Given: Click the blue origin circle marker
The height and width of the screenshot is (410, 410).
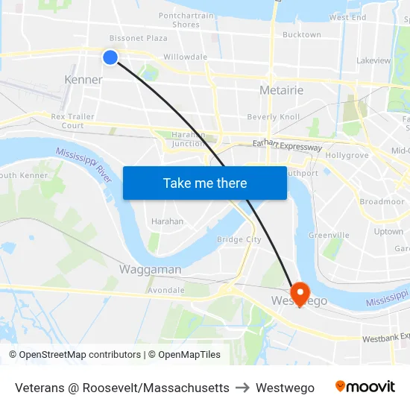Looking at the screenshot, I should click(110, 57).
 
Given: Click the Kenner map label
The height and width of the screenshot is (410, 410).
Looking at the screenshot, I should click(83, 80).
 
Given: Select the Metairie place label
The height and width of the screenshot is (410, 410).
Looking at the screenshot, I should click(281, 90).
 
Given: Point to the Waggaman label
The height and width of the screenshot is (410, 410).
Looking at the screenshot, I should click(150, 269).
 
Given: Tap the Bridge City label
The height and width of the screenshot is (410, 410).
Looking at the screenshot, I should click(239, 239).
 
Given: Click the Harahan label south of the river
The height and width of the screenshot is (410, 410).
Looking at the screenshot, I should click(167, 221).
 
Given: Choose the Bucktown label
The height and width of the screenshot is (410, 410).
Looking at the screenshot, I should click(301, 34).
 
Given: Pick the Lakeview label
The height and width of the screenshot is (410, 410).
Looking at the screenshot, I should click(373, 60).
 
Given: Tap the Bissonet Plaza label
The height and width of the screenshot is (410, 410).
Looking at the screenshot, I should click(138, 38).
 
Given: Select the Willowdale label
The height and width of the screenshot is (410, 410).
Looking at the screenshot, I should click(185, 57).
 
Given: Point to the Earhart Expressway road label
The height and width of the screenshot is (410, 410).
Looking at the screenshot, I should click(287, 146).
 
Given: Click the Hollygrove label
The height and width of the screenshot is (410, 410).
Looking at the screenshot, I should click(347, 155).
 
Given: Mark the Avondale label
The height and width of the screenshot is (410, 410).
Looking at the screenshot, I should click(165, 290).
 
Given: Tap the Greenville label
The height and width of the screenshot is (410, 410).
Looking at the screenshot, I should click(329, 235).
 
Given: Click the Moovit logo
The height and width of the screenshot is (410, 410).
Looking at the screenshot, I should click(365, 387).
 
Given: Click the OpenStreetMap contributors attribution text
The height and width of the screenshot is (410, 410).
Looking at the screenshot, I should click(77, 355).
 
